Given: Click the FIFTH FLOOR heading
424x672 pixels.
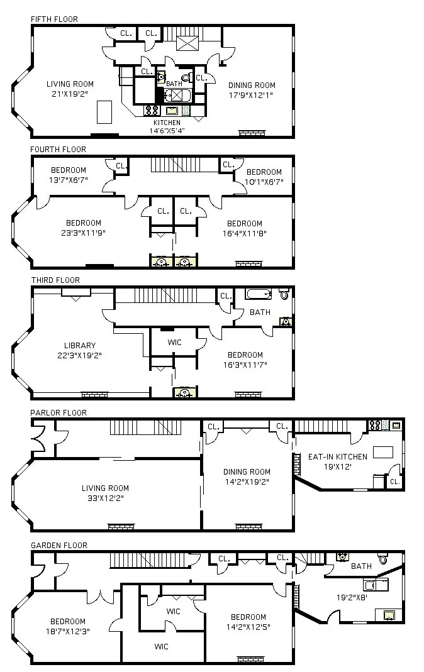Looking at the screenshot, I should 54,19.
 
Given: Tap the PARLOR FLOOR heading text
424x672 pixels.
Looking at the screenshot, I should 59,412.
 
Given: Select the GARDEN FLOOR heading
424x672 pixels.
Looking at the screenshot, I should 59,545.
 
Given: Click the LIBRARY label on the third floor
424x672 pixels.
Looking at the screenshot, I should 80,345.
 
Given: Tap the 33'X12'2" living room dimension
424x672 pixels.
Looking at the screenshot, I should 105,498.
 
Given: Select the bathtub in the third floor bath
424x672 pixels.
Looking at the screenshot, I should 258,294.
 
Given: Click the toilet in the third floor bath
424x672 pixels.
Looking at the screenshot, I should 284,294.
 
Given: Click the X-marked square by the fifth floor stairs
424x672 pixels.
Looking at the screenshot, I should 187,43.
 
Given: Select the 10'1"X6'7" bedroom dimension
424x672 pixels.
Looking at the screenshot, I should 264,182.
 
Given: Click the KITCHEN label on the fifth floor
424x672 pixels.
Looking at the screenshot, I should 167,123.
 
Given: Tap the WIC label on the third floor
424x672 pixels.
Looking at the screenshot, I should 174,343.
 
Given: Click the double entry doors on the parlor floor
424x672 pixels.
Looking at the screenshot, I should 37,434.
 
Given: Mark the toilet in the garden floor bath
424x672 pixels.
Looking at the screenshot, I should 382,559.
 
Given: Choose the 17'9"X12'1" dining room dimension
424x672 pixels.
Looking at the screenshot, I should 252,96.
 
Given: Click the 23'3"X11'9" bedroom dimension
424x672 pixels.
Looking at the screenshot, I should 83,233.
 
